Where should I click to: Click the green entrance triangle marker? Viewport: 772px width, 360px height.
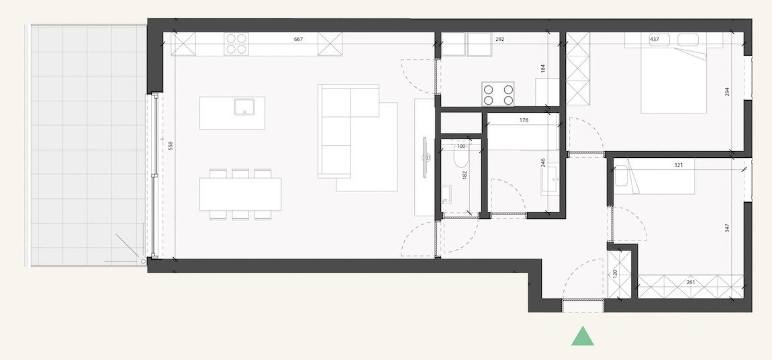click(x=583, y=336)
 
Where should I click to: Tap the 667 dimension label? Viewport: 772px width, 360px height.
click(x=299, y=40)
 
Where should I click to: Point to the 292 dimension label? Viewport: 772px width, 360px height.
click(x=499, y=40)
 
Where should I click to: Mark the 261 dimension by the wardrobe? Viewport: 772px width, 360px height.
click(x=691, y=282)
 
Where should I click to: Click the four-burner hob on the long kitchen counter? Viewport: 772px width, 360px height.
click(x=236, y=44)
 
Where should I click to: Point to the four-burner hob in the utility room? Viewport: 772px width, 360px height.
click(x=498, y=94)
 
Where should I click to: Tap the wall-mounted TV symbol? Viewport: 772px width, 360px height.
click(x=424, y=159)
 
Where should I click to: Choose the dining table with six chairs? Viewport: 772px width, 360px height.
click(x=240, y=194)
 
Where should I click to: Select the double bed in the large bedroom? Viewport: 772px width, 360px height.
click(x=673, y=81)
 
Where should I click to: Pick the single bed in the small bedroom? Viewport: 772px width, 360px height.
click(x=655, y=177)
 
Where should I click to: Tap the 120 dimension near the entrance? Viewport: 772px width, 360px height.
click(x=614, y=274)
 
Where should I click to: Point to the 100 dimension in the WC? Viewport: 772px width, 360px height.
click(x=461, y=146)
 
